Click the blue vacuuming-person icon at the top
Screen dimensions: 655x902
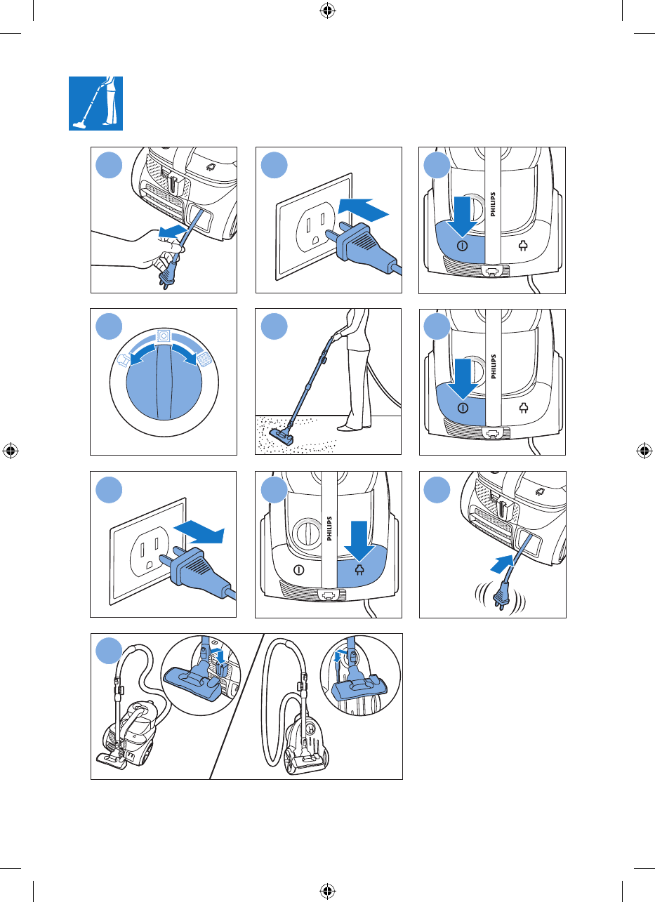tap(96, 103)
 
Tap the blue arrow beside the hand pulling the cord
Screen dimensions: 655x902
tap(172, 231)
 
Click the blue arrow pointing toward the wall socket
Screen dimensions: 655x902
tap(363, 208)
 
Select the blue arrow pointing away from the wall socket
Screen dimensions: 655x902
tap(199, 531)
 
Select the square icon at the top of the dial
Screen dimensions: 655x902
tap(164, 336)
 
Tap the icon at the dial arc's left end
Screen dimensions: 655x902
tap(124, 359)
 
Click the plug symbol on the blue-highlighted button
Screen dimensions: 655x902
tap(359, 569)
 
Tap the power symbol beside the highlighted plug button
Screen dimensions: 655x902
tap(299, 570)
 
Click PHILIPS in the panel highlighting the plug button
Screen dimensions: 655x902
tap(329, 529)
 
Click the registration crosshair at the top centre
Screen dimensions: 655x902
tap(327, 11)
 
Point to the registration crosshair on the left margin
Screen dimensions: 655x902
tap(11, 451)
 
